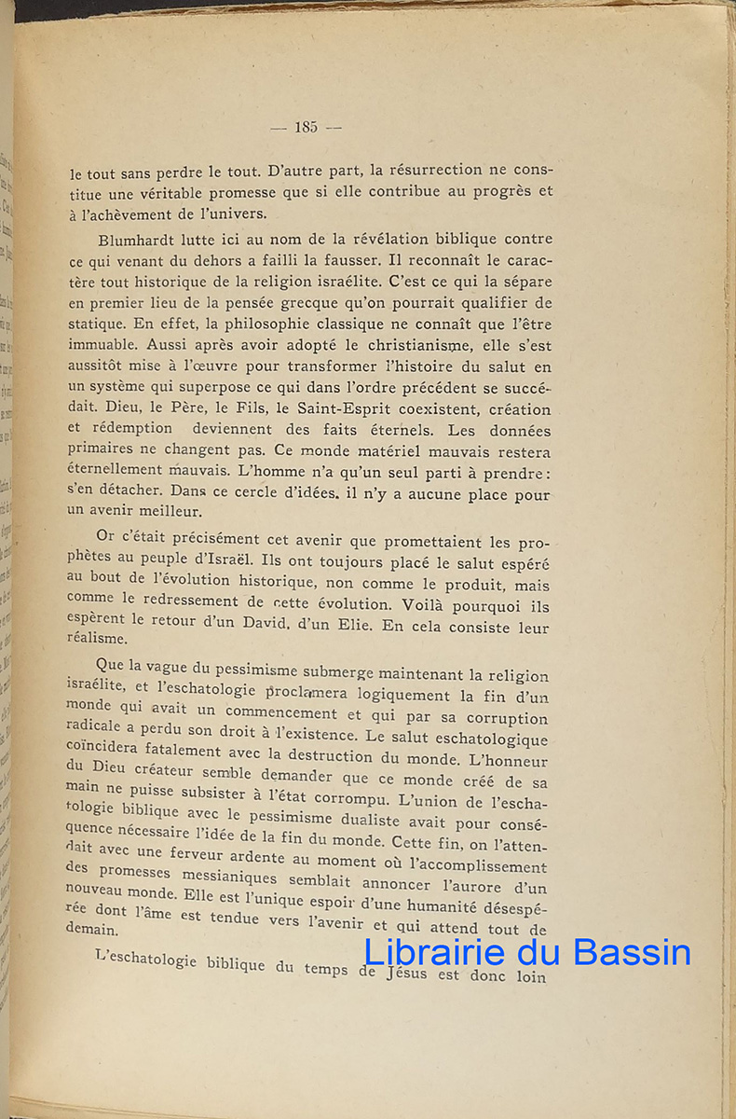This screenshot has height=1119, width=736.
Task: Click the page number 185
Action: (306, 128)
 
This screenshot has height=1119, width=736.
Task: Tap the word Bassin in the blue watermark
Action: (633, 952)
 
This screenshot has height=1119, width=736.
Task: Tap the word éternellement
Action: (118, 472)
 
